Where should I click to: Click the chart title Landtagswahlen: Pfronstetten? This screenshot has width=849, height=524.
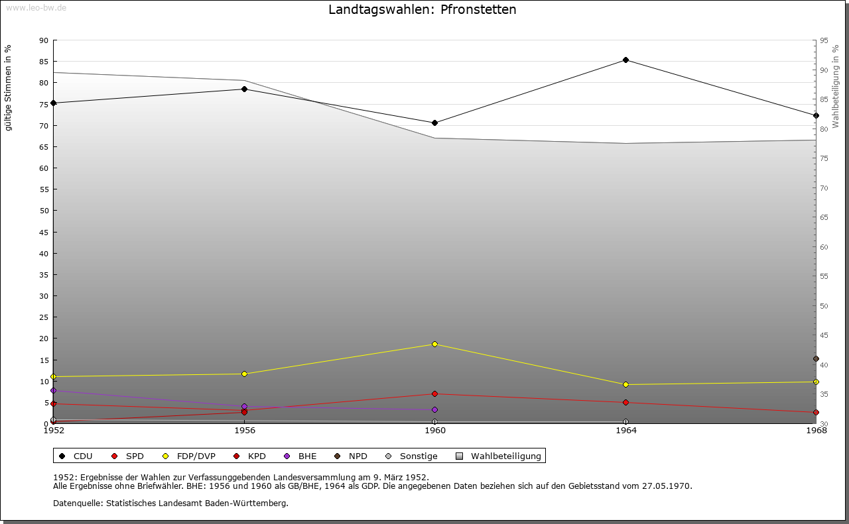[422, 10]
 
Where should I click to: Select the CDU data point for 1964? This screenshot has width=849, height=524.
[625, 60]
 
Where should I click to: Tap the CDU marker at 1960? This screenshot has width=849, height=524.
[434, 123]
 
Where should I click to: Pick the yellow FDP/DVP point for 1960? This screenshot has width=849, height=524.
[434, 344]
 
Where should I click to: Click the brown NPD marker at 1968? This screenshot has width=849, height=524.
[816, 359]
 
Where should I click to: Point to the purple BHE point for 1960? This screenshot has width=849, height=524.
[434, 409]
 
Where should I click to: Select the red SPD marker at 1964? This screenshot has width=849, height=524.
[625, 402]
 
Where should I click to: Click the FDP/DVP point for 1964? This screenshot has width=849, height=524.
[625, 384]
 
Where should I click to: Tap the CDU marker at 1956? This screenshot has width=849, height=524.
[244, 89]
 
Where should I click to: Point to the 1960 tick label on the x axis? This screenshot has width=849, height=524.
[434, 431]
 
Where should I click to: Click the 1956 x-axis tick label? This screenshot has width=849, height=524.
[244, 431]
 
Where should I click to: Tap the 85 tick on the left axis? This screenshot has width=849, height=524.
[44, 62]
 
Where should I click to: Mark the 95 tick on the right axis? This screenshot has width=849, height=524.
[824, 40]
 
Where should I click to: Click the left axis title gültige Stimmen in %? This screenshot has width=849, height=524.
[9, 88]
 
